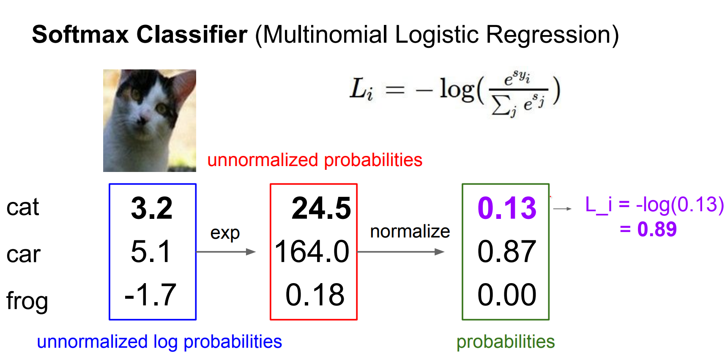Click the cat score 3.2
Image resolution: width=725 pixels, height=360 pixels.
coord(152,208)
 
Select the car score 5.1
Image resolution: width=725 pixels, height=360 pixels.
coord(151,252)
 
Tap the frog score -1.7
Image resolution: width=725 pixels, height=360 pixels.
coord(150,295)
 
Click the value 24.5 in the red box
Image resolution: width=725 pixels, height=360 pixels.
coord(321,208)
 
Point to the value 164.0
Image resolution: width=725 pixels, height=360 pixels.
coord(312,252)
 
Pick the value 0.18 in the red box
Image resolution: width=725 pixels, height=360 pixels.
coord(315,295)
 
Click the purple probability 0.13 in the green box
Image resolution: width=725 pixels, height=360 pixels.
coord(507,208)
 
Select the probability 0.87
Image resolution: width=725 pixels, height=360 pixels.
coord(507,252)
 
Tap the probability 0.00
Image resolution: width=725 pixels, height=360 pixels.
coord(507,295)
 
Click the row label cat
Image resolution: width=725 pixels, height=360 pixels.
coord(23,207)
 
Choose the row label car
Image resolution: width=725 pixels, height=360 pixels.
coord(24,255)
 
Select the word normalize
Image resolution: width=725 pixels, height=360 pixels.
coord(410,232)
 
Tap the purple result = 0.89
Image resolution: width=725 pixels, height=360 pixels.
coord(648,229)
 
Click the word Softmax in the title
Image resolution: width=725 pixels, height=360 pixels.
coord(80,34)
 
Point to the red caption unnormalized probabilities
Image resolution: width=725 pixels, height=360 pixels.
coord(315,160)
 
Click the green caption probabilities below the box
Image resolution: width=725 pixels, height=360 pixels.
coord(506,342)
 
